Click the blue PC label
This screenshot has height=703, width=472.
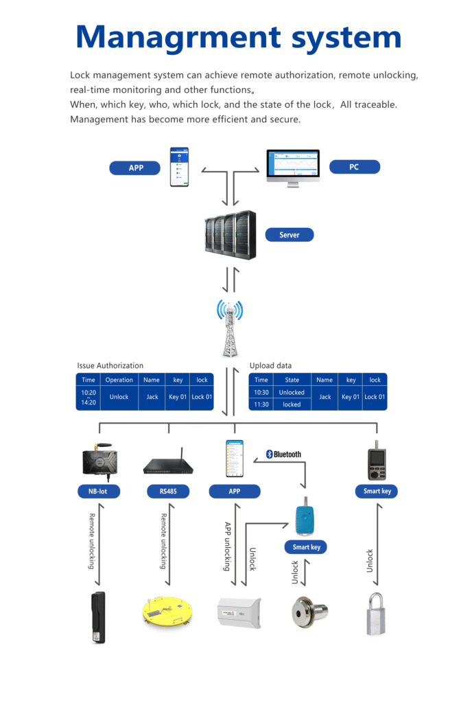[354, 167]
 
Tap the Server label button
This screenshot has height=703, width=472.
[289, 235]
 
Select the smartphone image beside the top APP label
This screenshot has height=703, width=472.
[179, 167]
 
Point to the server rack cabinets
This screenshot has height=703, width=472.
[231, 235]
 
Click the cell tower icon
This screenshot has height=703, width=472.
[231, 328]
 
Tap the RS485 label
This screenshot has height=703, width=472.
[168, 491]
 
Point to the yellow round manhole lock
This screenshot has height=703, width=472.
[167, 610]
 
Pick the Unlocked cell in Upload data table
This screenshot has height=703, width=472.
[292, 393]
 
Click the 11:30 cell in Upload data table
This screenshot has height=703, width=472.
[261, 404]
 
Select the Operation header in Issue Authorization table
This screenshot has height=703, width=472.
[119, 380]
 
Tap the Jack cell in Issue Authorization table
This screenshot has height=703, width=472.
[152, 397]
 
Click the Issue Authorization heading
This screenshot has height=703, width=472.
[110, 366]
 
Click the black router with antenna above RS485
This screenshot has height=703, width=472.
[168, 463]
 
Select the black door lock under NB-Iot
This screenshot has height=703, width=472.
[99, 616]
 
